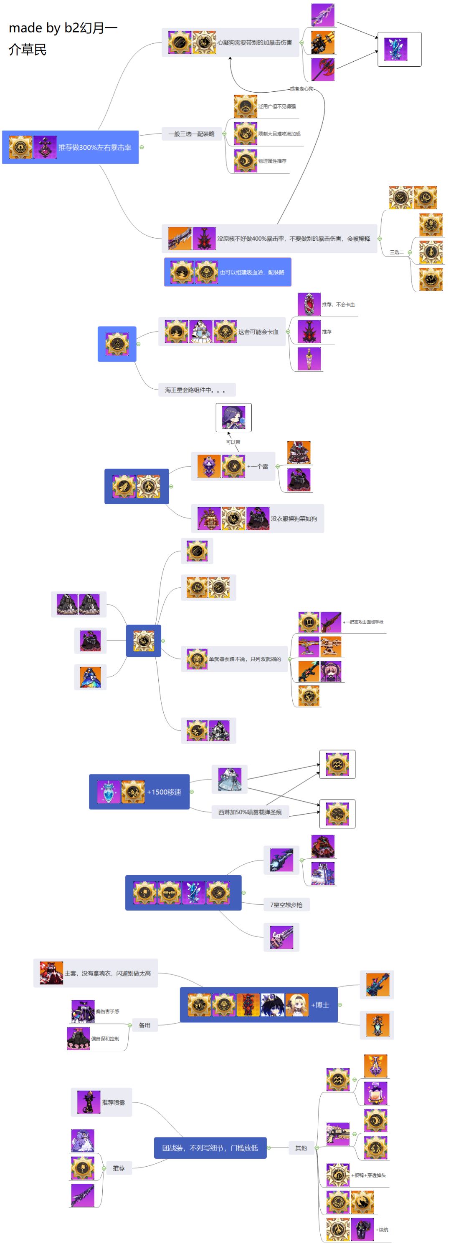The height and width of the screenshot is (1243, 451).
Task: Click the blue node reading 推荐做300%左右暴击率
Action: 95,147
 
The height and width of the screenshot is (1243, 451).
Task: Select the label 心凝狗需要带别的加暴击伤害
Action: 254,43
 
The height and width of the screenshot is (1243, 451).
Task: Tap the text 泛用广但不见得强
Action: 277,106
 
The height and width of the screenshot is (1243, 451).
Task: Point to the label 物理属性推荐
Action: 272,161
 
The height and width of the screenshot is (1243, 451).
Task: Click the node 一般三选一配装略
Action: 191,133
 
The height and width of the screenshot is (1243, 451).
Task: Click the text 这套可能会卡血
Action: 258,332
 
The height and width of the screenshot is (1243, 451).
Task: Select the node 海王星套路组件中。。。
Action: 195,390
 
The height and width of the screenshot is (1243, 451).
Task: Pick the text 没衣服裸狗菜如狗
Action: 294,519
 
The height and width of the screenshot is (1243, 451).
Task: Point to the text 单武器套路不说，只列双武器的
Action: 245,659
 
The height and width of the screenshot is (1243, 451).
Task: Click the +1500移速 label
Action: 164,792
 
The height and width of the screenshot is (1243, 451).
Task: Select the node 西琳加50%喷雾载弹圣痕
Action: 250,812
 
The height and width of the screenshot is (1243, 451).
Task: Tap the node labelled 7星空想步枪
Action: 286,905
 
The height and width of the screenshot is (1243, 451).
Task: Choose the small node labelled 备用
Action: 144,1025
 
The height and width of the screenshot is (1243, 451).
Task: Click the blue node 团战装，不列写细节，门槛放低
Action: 210,1148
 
